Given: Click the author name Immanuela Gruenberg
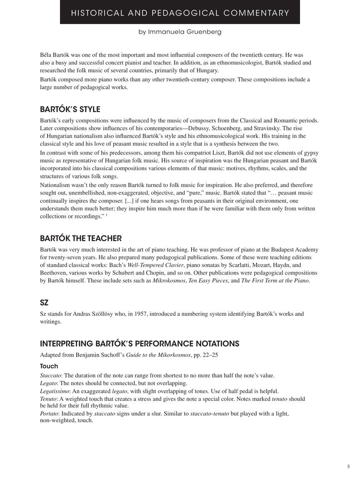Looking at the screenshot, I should tap(185, 32).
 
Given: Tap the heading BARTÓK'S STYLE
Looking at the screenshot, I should tap(70, 110).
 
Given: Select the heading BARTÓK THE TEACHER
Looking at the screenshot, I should tap(81, 239).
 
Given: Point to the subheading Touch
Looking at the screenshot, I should tap(49, 366).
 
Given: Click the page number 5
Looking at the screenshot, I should tap(348, 467).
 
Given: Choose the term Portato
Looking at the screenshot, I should tap(49, 414).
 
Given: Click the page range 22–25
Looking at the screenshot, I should tap(208, 355).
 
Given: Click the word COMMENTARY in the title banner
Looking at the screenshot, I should tap(256, 13).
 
